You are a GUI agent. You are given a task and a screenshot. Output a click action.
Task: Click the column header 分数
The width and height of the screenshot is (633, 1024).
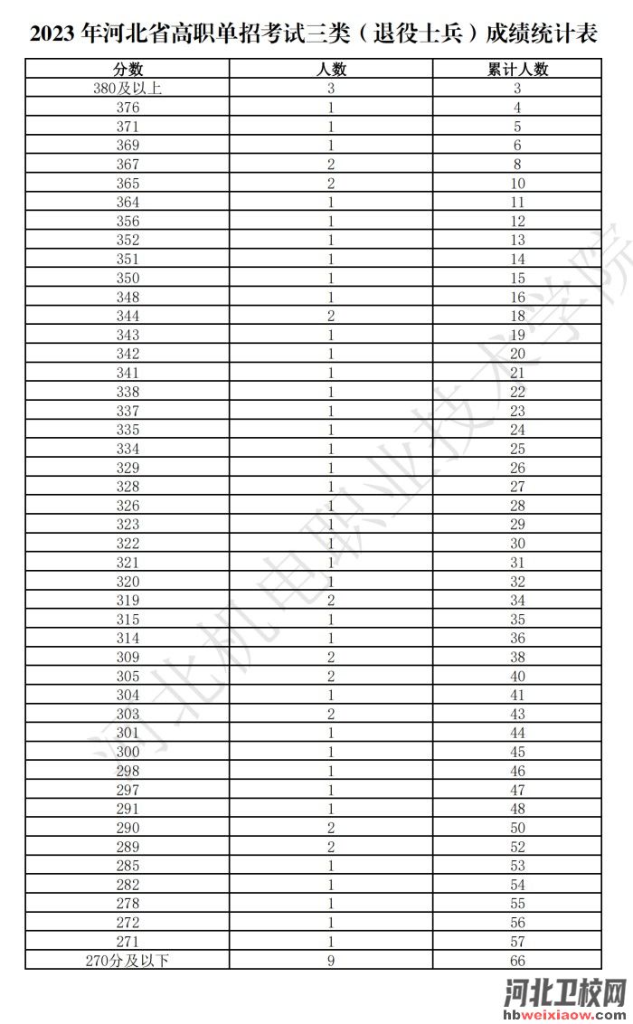tap(128, 70)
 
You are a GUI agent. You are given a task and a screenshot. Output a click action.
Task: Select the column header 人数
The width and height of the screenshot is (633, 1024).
tap(332, 70)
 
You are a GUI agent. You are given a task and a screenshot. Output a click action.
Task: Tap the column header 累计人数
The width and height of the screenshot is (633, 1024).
tap(518, 70)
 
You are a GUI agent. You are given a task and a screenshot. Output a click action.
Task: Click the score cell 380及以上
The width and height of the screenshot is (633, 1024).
tap(128, 89)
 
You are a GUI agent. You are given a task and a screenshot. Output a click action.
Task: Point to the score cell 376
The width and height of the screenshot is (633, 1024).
tap(128, 108)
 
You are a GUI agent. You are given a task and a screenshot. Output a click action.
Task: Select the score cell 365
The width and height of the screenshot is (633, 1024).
tap(128, 184)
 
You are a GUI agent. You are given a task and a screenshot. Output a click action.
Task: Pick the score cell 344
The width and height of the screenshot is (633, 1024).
tap(128, 316)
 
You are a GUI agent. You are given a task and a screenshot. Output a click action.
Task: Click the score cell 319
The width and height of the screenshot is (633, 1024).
tap(128, 601)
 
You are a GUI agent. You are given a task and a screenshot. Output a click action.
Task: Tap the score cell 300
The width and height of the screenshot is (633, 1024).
tap(128, 752)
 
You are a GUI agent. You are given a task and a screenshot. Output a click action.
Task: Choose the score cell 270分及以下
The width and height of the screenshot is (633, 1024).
tap(128, 961)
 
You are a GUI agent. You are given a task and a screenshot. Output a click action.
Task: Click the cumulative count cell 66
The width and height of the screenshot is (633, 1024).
tap(518, 961)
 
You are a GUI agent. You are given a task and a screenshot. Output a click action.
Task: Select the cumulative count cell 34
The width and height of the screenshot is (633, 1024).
tap(518, 601)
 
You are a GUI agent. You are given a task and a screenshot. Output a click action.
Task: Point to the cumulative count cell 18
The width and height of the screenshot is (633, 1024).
tap(518, 316)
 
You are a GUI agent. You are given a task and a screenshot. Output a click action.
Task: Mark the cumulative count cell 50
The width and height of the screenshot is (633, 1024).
tap(518, 828)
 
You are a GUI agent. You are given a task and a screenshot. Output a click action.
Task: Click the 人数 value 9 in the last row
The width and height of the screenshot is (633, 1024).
tap(332, 961)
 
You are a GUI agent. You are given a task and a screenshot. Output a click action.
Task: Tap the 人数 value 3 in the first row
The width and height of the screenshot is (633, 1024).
tap(332, 89)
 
